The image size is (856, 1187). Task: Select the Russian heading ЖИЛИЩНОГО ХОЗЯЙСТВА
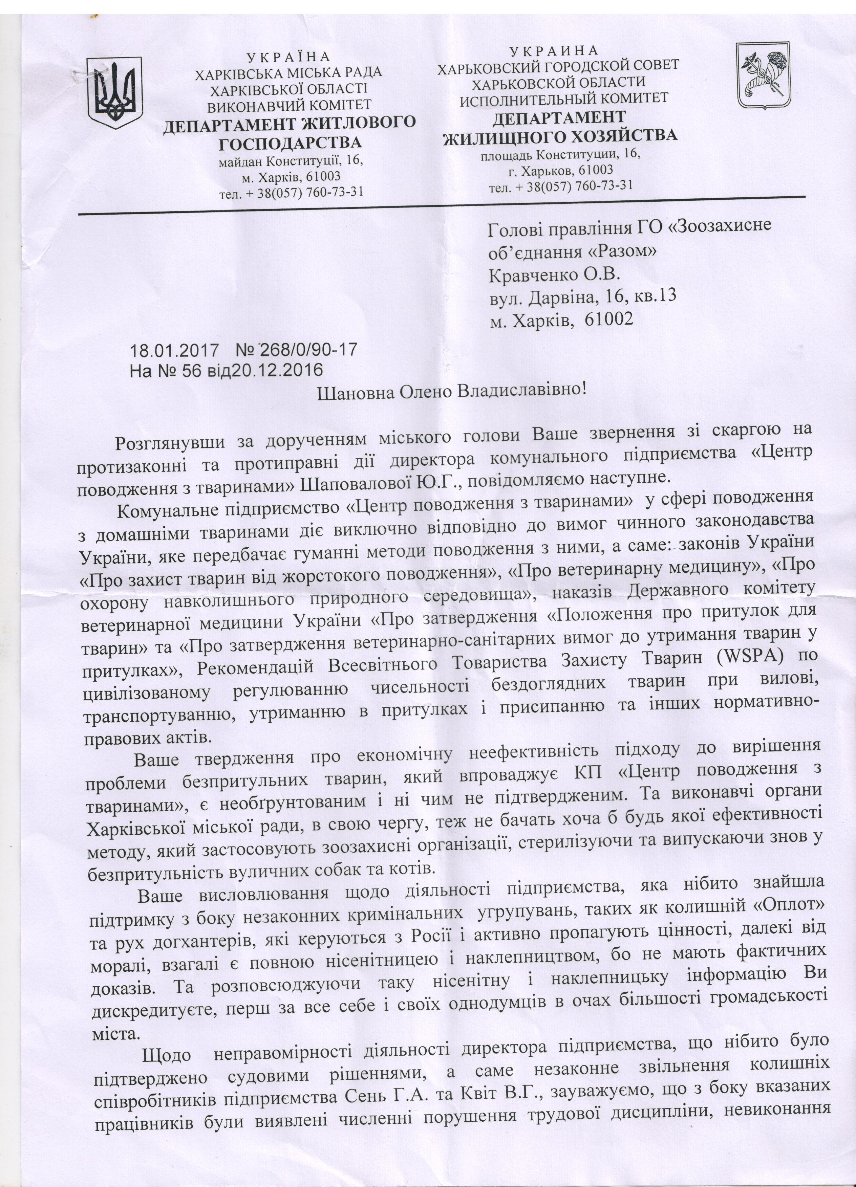tap(560, 136)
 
